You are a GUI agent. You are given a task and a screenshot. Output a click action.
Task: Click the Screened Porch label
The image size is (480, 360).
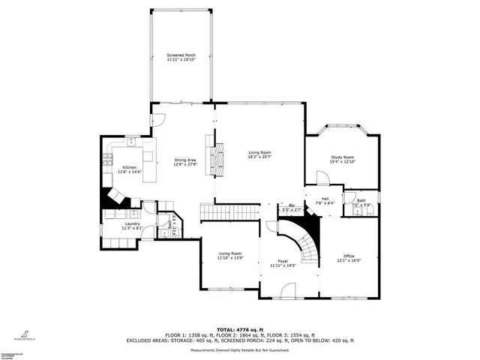click(181, 55)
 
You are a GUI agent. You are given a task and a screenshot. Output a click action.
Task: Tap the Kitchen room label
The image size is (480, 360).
click(129, 167)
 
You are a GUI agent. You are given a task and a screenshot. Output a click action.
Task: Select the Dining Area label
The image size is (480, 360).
click(185, 160)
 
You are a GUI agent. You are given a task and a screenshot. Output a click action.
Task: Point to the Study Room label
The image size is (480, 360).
click(342, 157)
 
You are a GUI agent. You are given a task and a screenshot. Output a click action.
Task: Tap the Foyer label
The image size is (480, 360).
click(283, 260)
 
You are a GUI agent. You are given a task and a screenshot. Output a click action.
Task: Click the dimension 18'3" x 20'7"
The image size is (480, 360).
click(260, 157)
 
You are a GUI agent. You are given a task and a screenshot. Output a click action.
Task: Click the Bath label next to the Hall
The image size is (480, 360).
click(361, 201)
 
